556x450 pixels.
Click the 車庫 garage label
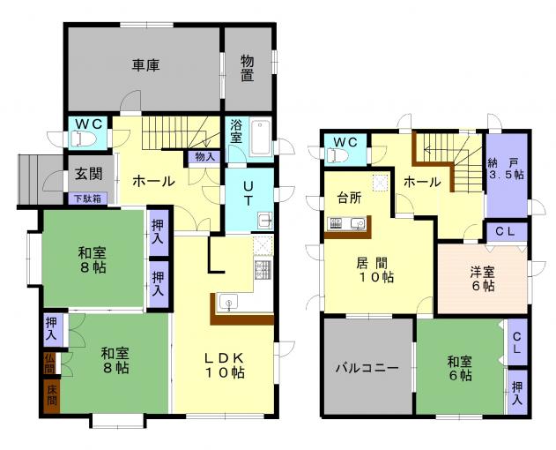click(145, 65)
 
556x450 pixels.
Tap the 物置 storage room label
click(248, 68)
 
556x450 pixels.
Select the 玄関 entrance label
click(89, 174)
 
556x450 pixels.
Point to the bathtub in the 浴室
click(260, 138)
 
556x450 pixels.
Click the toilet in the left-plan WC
click(84, 139)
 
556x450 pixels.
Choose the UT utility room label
click(248, 193)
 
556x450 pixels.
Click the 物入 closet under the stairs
click(204, 157)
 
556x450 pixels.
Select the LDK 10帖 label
click(224, 365)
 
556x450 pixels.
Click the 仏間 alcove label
click(50, 364)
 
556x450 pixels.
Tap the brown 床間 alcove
click(52, 396)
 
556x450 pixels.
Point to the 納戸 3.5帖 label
click(507, 169)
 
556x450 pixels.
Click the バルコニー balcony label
click(367, 367)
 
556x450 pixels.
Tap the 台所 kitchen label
click(350, 198)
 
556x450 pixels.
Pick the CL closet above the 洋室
click(505, 231)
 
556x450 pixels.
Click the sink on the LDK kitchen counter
click(228, 303)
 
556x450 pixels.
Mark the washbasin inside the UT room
click(264, 221)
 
